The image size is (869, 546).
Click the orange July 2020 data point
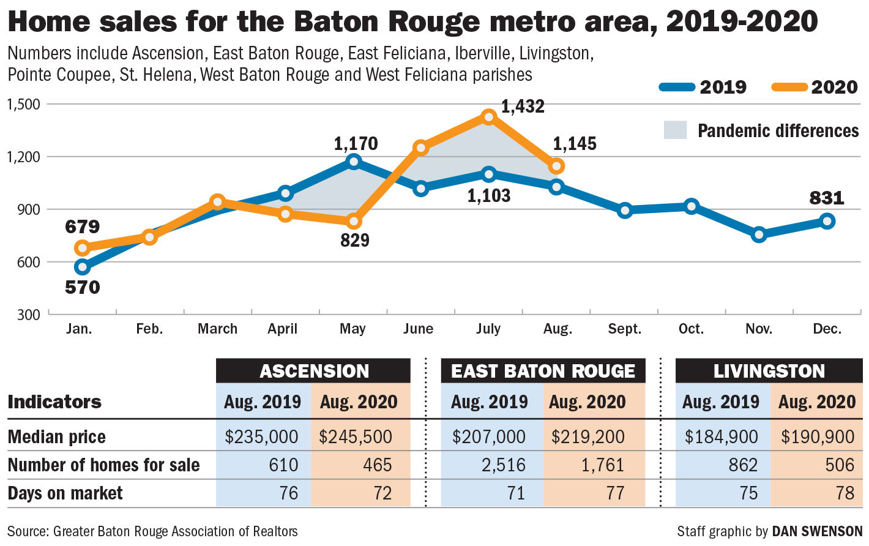coord(488,117)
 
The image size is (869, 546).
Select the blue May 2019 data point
coord(353,162)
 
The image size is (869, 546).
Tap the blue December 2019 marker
coord(827,221)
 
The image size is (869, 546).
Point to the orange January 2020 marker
coord(82,248)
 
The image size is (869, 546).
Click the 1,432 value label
coord(523,107)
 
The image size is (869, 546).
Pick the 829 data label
coord(355,240)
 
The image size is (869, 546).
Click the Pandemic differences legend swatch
coord(675,130)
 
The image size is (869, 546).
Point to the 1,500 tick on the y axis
coord(23,104)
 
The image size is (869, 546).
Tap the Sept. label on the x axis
coord(624,329)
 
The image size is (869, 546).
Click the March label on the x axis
coord(217,329)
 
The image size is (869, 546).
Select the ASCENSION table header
coord(313,371)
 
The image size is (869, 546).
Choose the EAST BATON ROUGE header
coord(543,371)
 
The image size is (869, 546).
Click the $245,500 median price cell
coord(356,436)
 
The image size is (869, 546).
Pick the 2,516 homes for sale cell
coord(503,465)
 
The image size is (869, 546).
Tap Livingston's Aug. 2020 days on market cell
coord(845,493)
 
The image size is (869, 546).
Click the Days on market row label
coord(65,493)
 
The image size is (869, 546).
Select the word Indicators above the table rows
coord(54,402)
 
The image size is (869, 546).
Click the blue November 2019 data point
coord(759,234)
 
